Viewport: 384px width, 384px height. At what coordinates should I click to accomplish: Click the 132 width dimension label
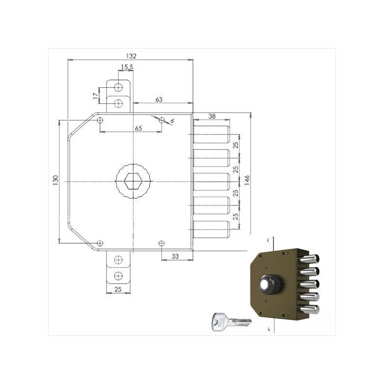pos(131,56)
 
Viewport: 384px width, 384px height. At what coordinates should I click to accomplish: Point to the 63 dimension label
pos(159,99)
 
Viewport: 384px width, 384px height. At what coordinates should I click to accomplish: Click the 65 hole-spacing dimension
pos(138,128)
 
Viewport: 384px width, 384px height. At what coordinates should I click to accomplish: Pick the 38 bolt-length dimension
pos(212,116)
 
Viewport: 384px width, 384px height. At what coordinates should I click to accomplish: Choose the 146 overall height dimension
pos(247,180)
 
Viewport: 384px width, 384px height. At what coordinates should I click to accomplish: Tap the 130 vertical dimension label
pos(56,180)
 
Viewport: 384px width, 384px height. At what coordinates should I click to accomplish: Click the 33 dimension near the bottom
pos(175,256)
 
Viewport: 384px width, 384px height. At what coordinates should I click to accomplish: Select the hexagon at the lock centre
pos(133,181)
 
